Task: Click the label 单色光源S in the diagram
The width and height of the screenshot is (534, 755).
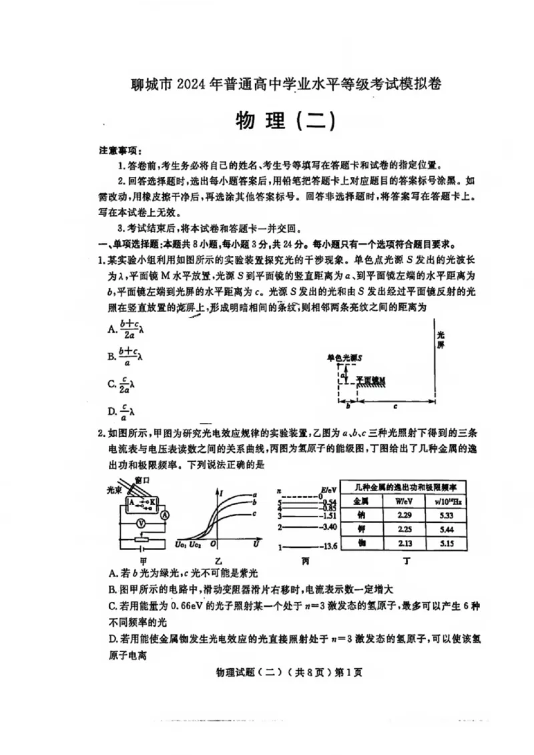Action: (345, 359)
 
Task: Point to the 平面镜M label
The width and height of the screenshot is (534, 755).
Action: (370, 380)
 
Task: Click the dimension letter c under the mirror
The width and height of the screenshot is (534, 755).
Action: (395, 406)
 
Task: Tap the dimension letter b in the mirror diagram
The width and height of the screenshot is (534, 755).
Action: (347, 406)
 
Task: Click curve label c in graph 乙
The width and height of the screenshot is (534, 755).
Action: (254, 513)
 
